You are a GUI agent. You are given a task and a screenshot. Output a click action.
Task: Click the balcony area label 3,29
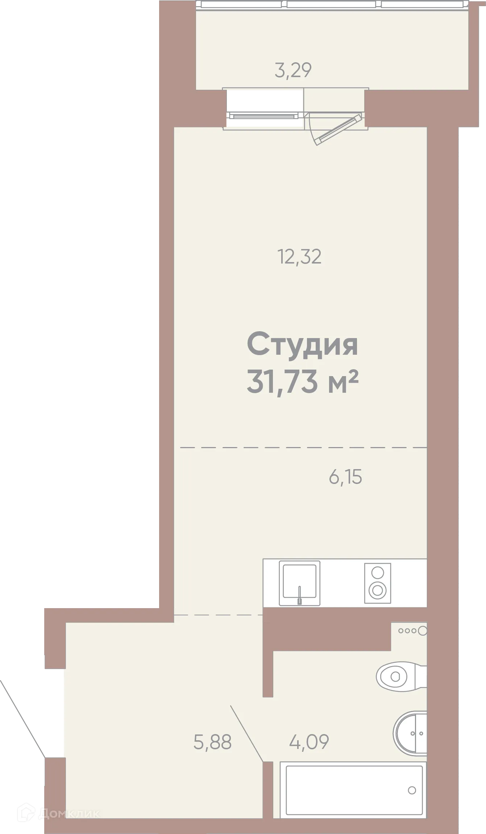tap(293, 70)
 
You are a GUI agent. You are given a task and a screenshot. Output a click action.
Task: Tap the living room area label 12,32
tap(299, 257)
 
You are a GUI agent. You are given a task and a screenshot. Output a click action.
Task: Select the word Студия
tap(302, 345)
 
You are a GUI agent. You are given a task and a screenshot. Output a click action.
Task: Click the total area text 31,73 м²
tap(302, 382)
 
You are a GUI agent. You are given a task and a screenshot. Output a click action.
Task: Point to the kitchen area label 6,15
tap(345, 477)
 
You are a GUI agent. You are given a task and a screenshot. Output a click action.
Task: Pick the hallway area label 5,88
tap(212, 742)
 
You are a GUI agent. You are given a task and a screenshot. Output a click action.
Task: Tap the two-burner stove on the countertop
tap(377, 583)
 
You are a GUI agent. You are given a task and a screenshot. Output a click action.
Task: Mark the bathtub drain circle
tap(412, 790)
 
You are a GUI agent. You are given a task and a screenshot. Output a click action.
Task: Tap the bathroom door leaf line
tap(246, 733)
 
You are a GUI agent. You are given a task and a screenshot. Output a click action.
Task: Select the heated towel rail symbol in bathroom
tap(412, 631)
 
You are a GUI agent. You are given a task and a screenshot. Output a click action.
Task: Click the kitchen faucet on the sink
tap(299, 595)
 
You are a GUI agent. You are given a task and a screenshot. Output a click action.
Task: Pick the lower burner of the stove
tap(377, 591)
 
